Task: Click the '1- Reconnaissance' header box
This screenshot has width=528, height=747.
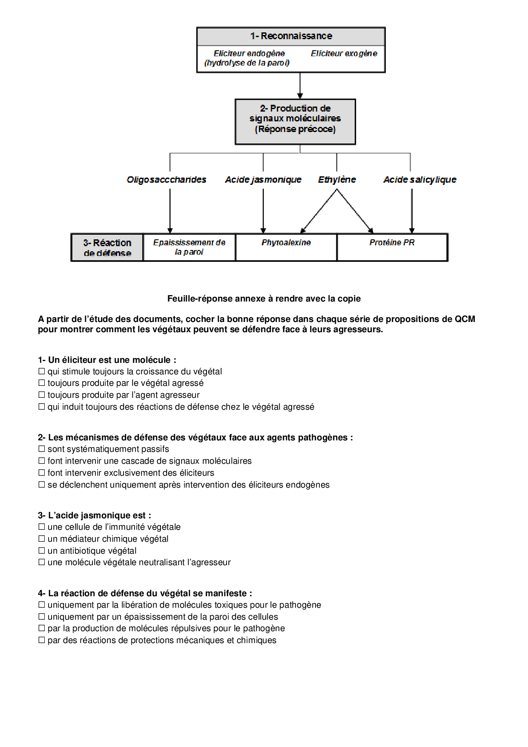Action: pos(291,36)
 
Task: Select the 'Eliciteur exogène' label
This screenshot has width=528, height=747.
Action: pos(344,54)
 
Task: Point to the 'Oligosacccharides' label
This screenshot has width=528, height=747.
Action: pos(166,180)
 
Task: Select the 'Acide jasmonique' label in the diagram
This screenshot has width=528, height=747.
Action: pos(263,180)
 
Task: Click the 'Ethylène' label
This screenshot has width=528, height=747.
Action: pos(337,180)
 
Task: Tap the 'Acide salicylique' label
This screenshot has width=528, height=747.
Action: pos(419,180)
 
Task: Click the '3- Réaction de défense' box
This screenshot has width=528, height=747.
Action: pos(107,247)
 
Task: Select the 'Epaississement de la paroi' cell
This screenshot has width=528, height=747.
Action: pos(189,247)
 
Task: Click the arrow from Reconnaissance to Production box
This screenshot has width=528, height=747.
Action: pos(300,86)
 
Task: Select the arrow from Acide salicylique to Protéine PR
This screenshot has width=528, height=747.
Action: pos(412,211)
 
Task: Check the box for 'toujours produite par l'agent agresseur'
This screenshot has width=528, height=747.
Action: pos(42,395)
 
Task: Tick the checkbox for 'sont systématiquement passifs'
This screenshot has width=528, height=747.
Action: pos(42,449)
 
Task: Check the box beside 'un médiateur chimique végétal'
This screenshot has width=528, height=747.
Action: pos(42,539)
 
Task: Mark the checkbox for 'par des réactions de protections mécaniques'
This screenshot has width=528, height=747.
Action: pos(42,640)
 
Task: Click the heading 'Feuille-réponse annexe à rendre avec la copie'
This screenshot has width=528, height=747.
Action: pos(264,299)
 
